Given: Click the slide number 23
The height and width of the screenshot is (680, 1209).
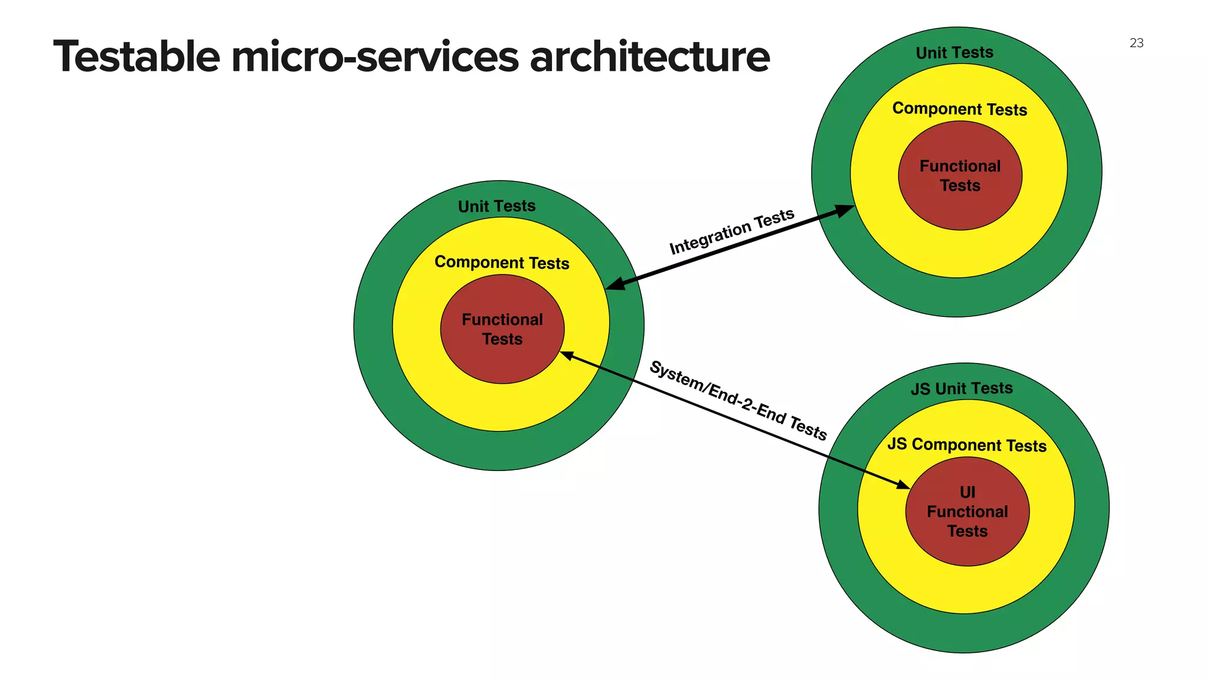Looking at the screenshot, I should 1136,43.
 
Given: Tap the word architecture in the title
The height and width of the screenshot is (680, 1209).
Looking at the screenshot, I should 649,57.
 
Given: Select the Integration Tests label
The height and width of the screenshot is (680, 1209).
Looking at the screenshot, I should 731,231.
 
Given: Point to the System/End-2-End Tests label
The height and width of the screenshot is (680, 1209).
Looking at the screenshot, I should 738,401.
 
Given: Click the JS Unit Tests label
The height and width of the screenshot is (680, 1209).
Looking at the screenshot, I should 962,388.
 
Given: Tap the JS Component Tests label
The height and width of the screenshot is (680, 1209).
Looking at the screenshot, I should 967,445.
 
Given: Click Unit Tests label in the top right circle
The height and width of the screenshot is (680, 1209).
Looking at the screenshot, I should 955,53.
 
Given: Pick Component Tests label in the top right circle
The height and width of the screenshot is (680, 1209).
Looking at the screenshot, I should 960,109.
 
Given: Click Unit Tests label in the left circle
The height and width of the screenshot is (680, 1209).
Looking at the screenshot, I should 497,206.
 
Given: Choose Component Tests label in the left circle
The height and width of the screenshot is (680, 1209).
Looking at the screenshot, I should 502,263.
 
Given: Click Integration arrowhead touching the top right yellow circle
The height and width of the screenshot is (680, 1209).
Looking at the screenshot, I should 845,210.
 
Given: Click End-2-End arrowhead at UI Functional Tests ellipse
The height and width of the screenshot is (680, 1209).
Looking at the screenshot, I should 903,485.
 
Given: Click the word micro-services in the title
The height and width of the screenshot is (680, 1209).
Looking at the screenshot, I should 375,57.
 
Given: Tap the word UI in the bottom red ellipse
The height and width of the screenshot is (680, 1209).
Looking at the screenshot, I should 968,492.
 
